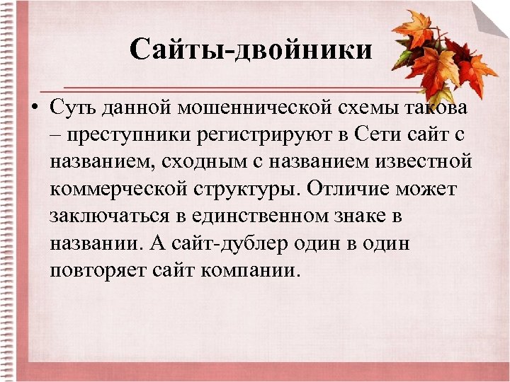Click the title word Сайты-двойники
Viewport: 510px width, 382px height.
(x=251, y=50)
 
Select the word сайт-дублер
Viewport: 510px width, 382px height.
(x=220, y=243)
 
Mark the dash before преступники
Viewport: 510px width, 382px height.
(x=56, y=135)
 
